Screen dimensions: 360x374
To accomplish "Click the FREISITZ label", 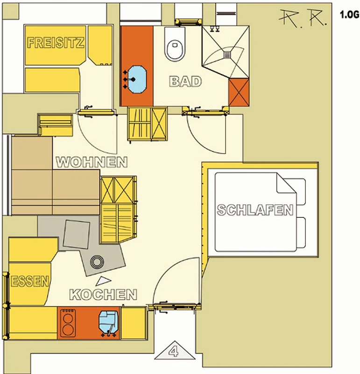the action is (56, 43).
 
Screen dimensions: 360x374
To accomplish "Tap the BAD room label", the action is (185, 81).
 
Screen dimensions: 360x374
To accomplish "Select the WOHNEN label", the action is (92, 162).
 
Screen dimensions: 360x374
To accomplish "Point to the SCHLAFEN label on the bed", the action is (255, 210).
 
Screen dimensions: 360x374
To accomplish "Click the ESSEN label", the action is (30, 281).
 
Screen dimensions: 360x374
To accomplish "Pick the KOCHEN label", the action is (103, 295).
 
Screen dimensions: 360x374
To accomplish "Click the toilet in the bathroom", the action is (175, 44).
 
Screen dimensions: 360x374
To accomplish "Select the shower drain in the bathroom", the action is (227, 55).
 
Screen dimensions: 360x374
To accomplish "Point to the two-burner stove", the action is (68, 323).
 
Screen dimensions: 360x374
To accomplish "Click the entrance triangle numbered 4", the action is (175, 351).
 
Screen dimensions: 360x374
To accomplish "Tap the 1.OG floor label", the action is (350, 15).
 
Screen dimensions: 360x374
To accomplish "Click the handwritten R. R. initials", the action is (303, 18).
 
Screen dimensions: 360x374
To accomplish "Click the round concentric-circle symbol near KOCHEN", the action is (97, 262).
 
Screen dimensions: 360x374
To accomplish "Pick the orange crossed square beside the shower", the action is (239, 93).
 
